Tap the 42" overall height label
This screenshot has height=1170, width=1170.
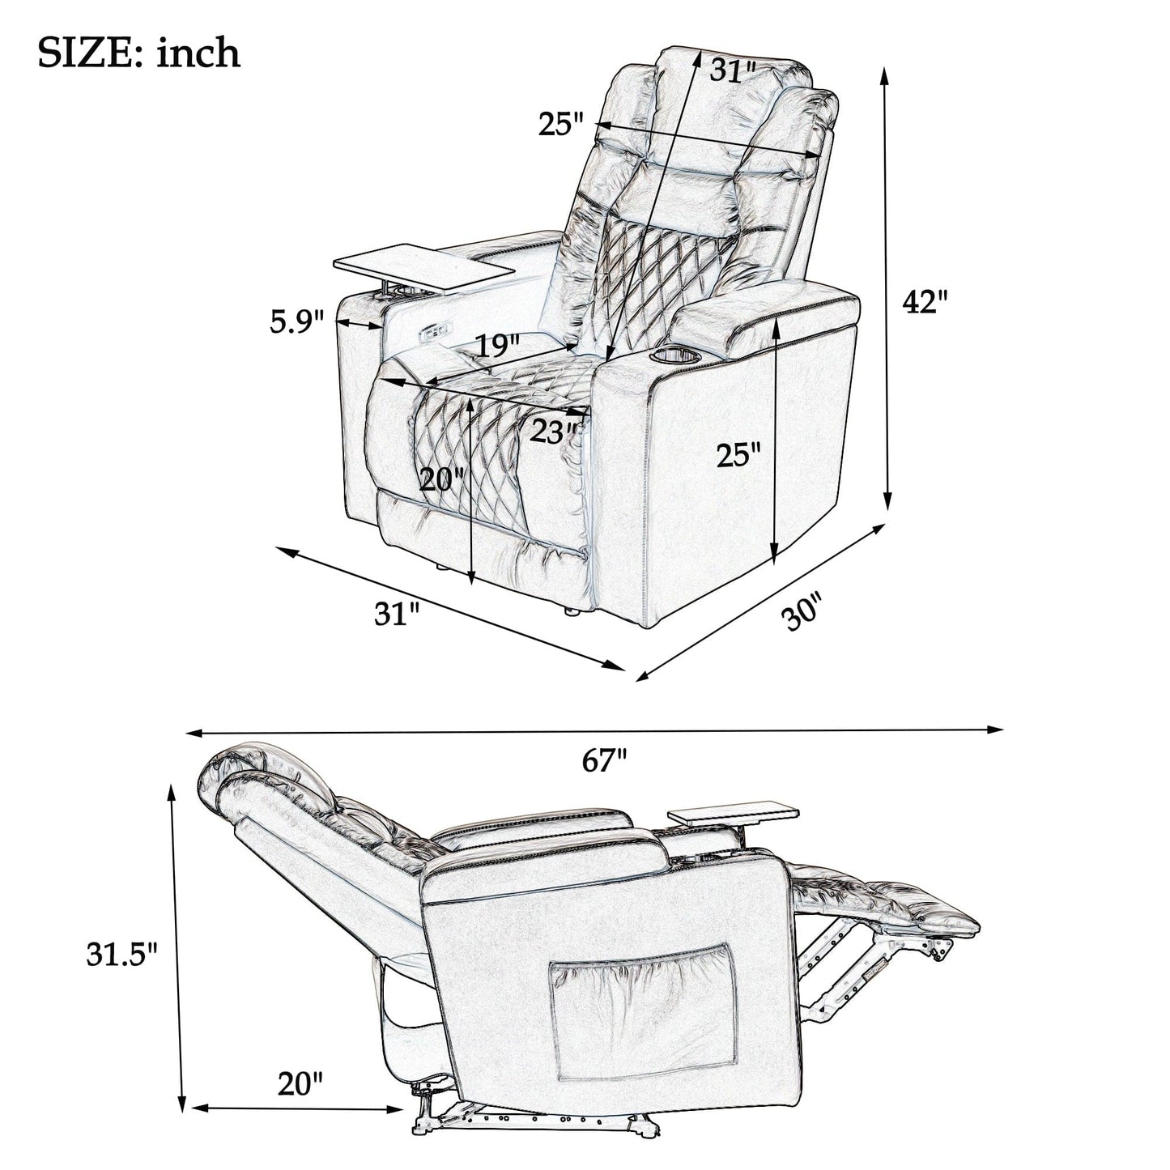[x=925, y=302]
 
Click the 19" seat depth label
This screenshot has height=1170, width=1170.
[x=497, y=346]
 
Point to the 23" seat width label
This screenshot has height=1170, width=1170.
[x=555, y=432]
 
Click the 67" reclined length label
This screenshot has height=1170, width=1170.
[x=604, y=761]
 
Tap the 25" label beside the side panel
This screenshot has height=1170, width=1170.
[x=738, y=455]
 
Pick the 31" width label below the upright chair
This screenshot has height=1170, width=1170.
[x=396, y=613]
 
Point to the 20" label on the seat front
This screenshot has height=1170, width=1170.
[x=442, y=480]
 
